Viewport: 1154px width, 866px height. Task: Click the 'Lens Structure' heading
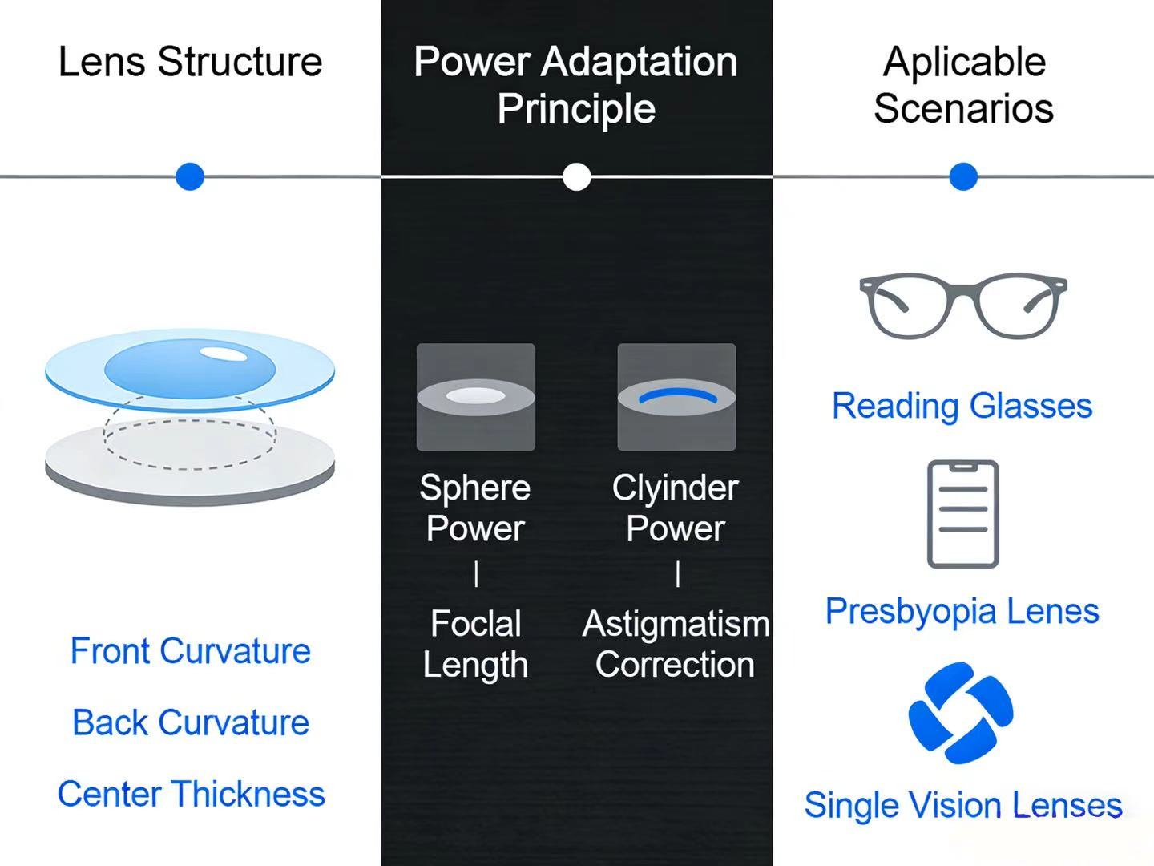tap(190, 62)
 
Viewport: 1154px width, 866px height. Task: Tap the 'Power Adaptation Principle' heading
tap(575, 85)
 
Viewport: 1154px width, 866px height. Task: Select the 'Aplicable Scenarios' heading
tap(963, 85)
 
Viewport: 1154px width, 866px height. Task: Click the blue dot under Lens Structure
tap(190, 176)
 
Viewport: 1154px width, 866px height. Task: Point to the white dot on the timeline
tap(576, 176)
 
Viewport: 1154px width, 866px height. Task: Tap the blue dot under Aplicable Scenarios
tap(962, 176)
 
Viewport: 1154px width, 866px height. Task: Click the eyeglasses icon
tap(962, 306)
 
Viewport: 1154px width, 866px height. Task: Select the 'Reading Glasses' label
tap(962, 406)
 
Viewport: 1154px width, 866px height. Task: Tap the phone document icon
tap(962, 514)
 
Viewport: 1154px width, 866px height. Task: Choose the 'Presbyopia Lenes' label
tap(962, 611)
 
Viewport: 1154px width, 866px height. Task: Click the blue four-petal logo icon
tap(961, 712)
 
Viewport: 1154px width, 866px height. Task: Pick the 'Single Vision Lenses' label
tap(962, 805)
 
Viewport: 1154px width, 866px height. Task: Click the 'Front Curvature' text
tap(190, 650)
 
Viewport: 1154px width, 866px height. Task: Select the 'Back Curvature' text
tap(190, 722)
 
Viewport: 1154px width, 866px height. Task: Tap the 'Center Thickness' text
tap(191, 794)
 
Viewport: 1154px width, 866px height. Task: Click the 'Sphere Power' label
tap(475, 508)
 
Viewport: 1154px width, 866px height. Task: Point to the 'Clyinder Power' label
tap(676, 508)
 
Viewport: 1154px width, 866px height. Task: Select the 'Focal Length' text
tap(475, 644)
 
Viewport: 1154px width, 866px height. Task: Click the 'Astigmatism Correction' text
tap(676, 644)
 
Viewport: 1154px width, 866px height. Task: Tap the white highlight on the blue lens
tap(222, 354)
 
